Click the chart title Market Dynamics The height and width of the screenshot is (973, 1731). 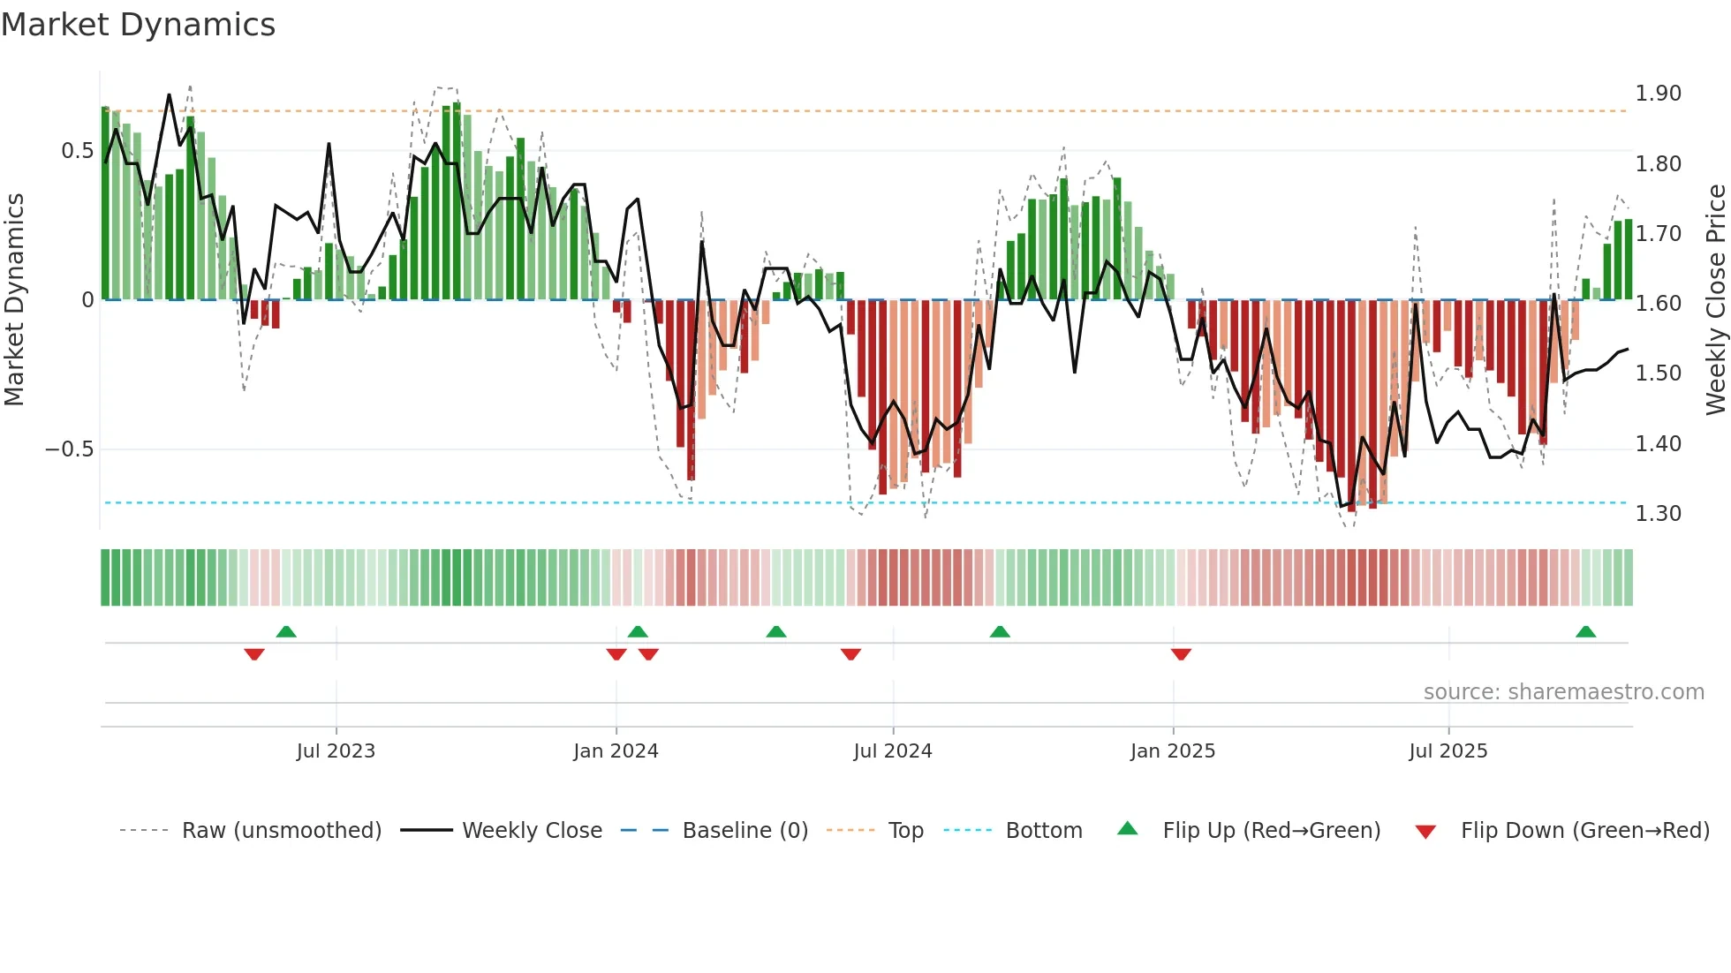tap(139, 25)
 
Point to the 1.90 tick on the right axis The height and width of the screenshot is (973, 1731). tap(1658, 94)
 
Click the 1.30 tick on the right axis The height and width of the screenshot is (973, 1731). tap(1658, 514)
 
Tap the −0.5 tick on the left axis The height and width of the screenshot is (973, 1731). tap(70, 449)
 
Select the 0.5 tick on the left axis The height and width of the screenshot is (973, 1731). tap(77, 151)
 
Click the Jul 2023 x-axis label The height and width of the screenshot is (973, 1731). tap(336, 751)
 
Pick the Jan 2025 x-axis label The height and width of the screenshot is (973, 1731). tap(1172, 751)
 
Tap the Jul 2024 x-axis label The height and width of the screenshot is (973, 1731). tap(892, 751)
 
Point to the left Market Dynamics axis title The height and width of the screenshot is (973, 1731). tap(14, 300)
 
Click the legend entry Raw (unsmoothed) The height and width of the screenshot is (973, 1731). tap(281, 831)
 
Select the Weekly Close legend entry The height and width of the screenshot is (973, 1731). tap(532, 831)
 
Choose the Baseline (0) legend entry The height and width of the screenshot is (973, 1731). tap(745, 831)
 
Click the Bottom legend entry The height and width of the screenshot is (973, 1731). tap(1043, 831)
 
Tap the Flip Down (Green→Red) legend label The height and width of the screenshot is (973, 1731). tap(1584, 831)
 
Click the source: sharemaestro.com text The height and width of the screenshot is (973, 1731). tap(1563, 692)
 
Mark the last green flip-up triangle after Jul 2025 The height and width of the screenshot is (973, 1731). tap(1585, 632)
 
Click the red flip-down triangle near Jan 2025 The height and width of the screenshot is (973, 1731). tap(1181, 654)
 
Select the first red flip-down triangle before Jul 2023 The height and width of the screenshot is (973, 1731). tap(254, 654)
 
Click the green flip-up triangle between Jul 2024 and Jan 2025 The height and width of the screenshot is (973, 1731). tap(1000, 632)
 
